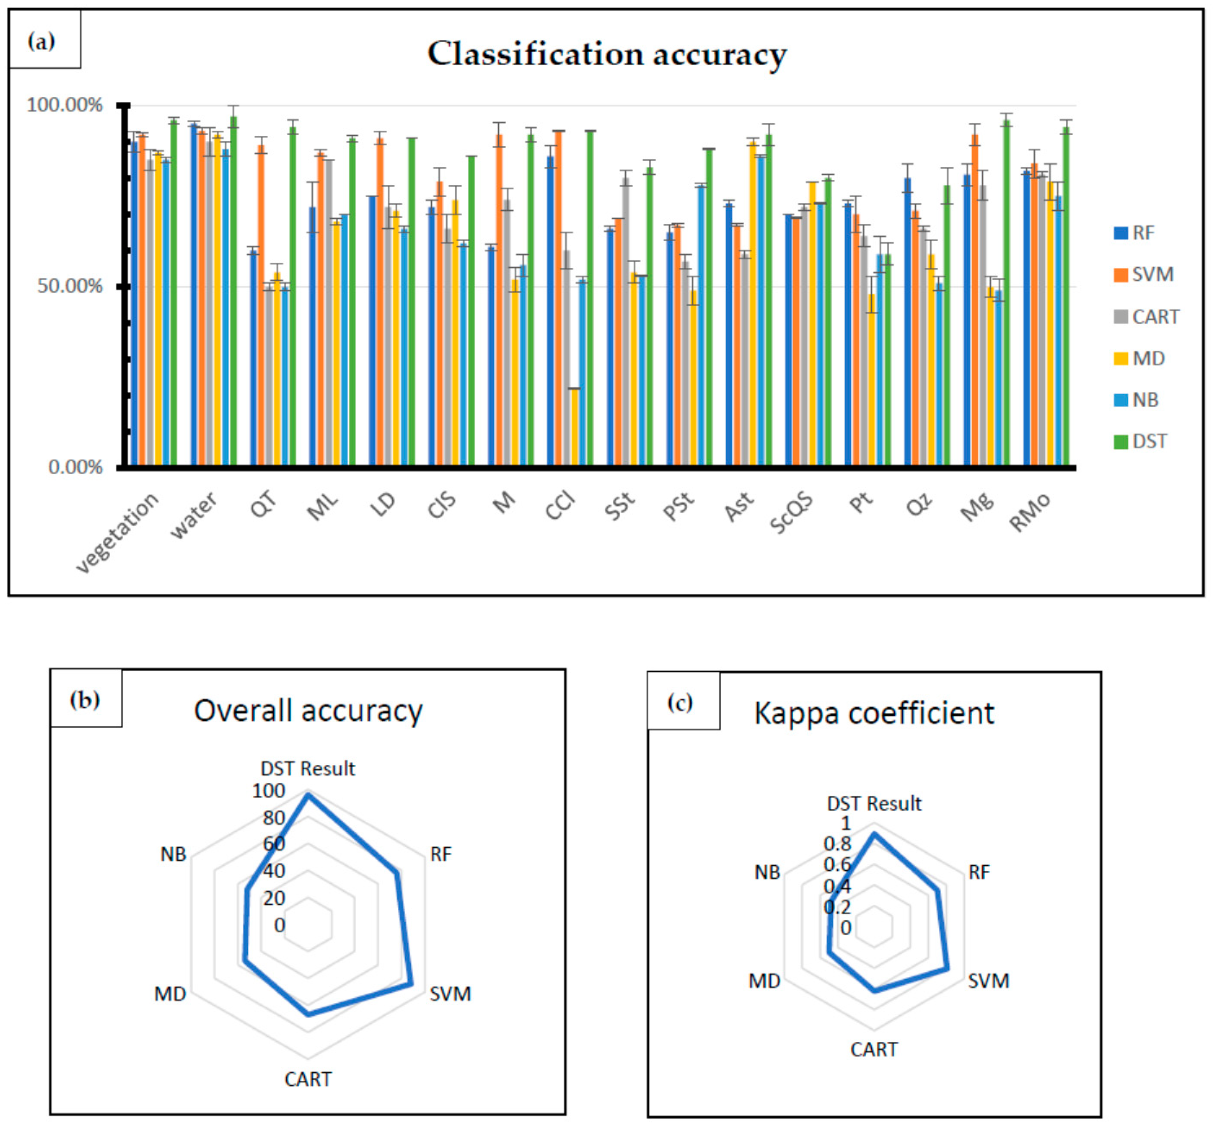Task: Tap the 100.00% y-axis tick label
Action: point(64,105)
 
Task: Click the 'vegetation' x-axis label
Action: point(117,532)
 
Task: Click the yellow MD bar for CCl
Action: point(574,427)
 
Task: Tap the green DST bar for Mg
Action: point(1006,293)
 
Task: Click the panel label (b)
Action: point(85,700)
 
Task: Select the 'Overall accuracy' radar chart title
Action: point(308,711)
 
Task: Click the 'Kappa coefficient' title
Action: point(874,713)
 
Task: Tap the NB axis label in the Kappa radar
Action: point(767,873)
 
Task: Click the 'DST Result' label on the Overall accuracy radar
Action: point(308,769)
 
